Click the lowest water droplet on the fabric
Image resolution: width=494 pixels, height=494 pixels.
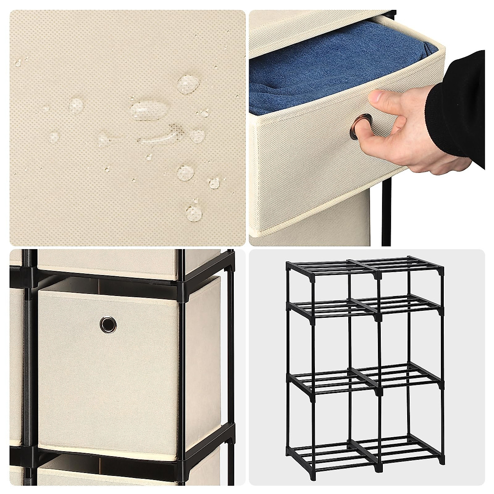pyautogui.click(x=193, y=213)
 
